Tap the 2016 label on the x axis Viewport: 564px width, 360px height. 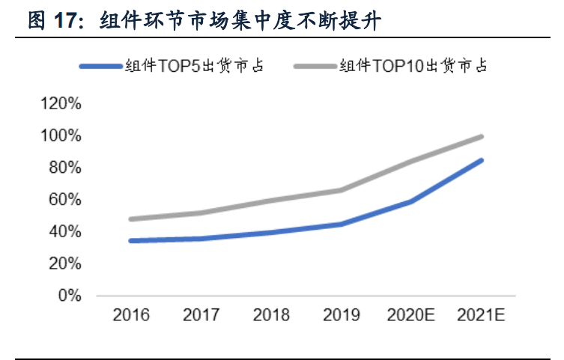coord(131,315)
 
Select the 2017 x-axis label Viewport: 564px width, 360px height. coord(201,315)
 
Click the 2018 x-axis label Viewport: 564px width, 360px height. coord(271,315)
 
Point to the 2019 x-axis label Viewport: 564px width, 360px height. coord(342,315)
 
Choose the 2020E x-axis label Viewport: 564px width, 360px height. coord(411,315)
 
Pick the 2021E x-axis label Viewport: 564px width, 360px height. coord(482,315)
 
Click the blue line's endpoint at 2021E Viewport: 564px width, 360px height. coord(482,160)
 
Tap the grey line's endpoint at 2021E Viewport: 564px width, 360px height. coord(482,137)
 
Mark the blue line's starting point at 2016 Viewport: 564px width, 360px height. coord(131,241)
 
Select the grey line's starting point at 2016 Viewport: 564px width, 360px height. coord(131,219)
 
